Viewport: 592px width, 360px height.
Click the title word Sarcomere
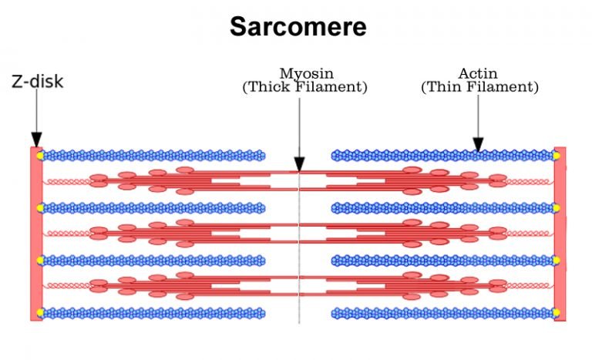(x=297, y=28)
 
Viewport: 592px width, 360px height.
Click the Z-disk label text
(x=37, y=81)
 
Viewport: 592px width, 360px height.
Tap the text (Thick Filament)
(x=304, y=87)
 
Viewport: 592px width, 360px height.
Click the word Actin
(x=479, y=74)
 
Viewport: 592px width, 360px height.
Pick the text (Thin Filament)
(x=479, y=87)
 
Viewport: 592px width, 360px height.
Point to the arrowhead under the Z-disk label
(x=36, y=140)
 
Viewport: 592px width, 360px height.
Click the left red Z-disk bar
(x=35, y=231)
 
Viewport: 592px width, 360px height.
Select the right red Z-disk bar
(x=560, y=231)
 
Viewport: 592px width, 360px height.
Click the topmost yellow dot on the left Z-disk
(x=39, y=156)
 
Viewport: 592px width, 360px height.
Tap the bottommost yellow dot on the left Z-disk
(x=39, y=313)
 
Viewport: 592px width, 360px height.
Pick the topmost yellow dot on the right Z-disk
(x=557, y=156)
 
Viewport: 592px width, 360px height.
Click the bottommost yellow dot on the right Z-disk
(x=557, y=313)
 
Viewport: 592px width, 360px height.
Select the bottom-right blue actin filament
(x=443, y=313)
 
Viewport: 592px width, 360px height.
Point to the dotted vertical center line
(x=299, y=247)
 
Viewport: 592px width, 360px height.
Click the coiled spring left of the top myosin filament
(x=68, y=181)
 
